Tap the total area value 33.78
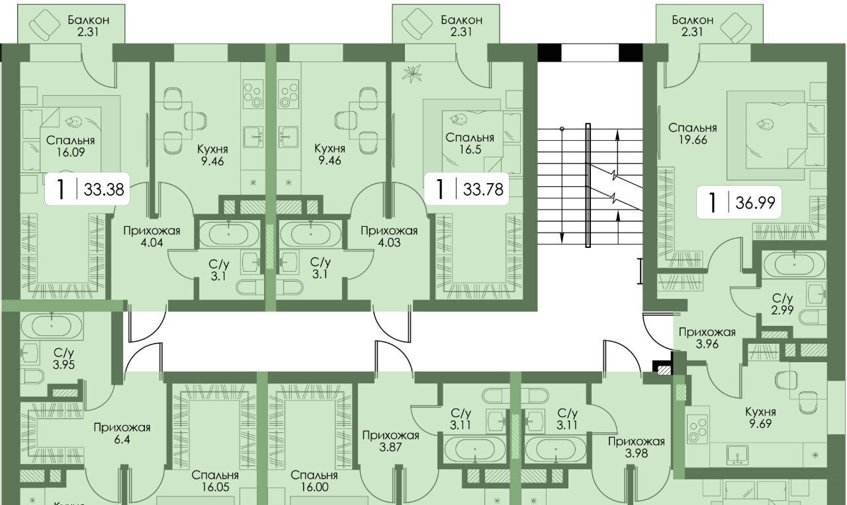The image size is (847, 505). click(482, 190)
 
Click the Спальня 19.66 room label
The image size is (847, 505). click(692, 134)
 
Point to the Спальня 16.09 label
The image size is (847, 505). click(70, 147)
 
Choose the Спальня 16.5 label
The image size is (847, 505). click(469, 144)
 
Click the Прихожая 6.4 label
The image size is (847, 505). click(122, 434)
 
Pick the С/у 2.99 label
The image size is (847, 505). click(782, 305)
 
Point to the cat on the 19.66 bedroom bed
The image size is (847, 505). click(766, 124)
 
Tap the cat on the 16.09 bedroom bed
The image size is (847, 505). click(72, 122)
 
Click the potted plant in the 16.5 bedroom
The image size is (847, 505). click(416, 73)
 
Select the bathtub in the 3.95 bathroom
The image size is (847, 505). click(52, 326)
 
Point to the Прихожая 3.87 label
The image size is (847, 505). click(390, 442)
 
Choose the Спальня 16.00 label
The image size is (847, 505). click(314, 481)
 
